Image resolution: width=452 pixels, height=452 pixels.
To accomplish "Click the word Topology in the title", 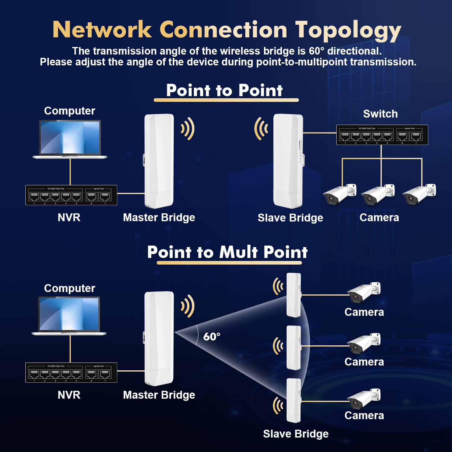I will coord(348,30).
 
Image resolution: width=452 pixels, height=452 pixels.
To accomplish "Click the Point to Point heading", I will coord(224,90).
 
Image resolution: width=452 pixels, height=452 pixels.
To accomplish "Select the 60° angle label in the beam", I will coord(212,337).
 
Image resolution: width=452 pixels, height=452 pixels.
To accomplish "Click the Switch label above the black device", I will coord(380,114).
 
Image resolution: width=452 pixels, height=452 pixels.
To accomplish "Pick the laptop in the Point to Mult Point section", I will coord(69,316).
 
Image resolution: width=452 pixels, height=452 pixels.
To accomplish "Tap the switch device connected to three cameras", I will coord(382,135).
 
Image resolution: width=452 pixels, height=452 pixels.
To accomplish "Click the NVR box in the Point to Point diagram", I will coord(71,195).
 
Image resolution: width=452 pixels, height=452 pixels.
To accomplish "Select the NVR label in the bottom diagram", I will coord(69,395).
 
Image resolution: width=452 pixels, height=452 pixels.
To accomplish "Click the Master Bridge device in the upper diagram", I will coord(159,161).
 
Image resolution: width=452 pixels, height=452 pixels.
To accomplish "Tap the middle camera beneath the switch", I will coord(378,194).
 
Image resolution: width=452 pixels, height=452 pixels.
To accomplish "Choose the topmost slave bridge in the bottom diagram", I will coord(293,295).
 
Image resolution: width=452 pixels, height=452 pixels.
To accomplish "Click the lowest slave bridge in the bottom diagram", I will coord(293,400).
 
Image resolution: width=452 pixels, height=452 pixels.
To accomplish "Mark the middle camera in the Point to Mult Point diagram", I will coord(364,344).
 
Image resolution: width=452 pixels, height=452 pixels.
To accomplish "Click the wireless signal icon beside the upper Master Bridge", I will coord(188,129).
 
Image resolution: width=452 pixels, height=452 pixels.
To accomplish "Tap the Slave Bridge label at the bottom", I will coord(296,434).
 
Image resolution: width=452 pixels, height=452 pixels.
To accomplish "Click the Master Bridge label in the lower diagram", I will coord(159,395).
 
